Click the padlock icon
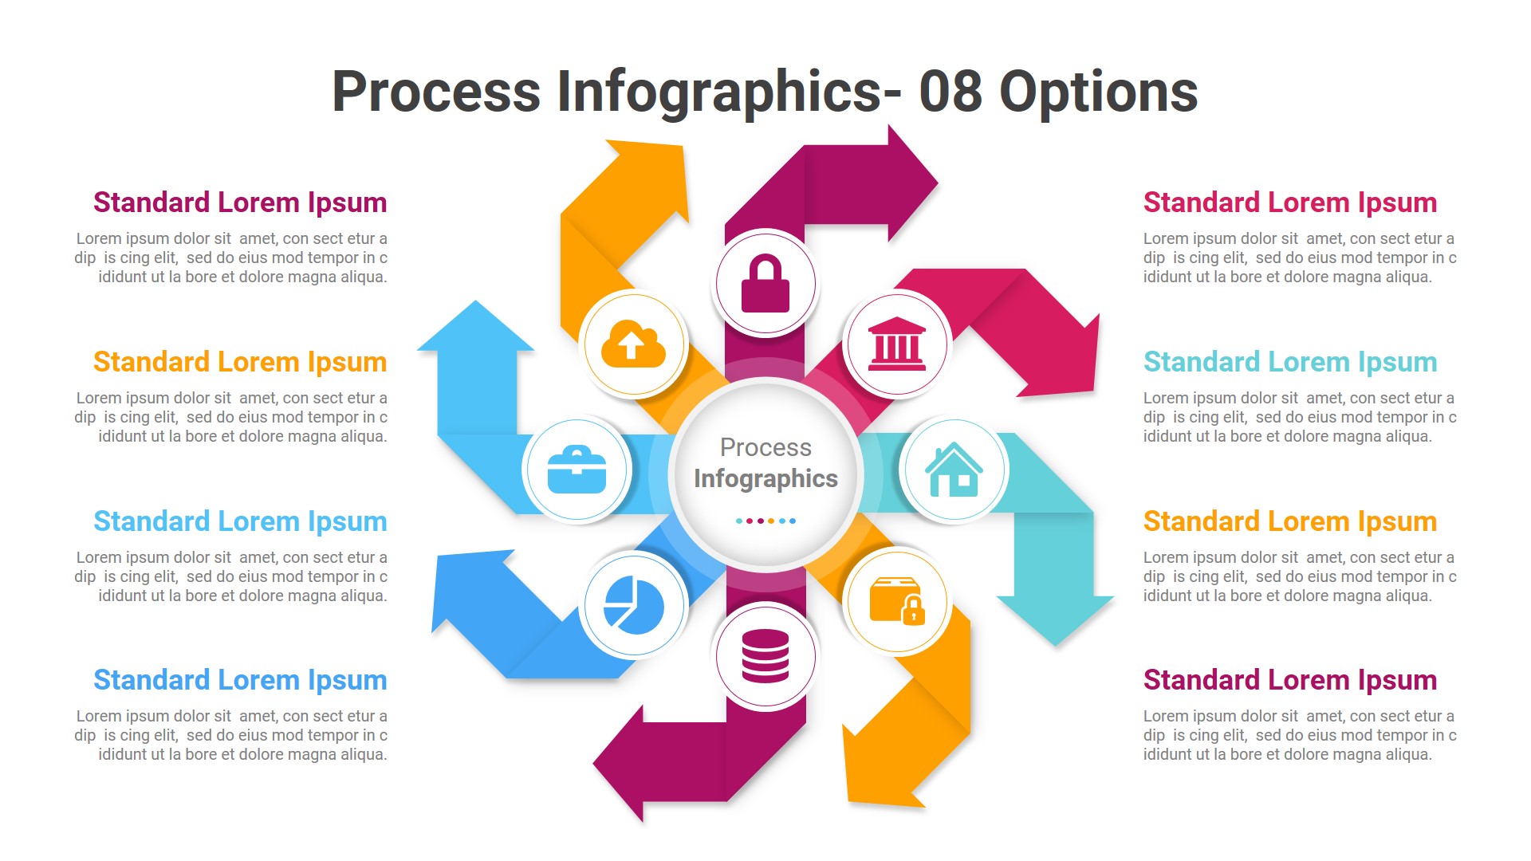click(765, 284)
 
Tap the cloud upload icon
click(633, 344)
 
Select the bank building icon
click(897, 344)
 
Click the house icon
click(954, 470)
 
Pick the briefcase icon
click(577, 470)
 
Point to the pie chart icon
click(634, 605)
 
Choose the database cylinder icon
click(765, 655)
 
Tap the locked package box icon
click(897, 601)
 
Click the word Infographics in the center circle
click(765, 478)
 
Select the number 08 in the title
click(950, 91)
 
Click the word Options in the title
click(1098, 92)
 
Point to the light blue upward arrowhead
click(476, 328)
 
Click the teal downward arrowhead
click(1055, 618)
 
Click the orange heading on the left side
click(240, 362)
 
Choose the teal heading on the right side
click(1289, 362)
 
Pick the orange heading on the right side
click(1289, 521)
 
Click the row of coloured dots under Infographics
click(765, 521)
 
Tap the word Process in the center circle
click(765, 447)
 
